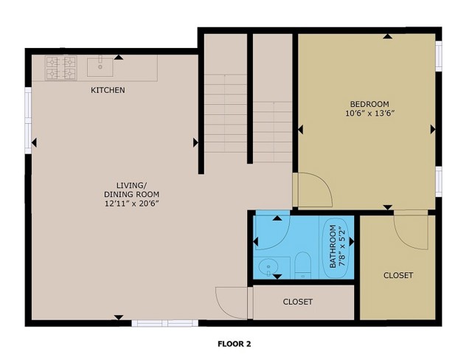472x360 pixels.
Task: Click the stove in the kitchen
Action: (61, 68)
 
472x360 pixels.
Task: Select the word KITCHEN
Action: (108, 90)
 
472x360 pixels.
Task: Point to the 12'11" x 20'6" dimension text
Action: (131, 203)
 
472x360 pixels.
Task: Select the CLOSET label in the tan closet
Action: (398, 275)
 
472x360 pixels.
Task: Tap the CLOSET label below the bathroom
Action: (298, 302)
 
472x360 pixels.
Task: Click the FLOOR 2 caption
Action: (235, 343)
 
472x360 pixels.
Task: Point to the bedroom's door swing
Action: (313, 190)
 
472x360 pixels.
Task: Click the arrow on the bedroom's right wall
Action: (432, 129)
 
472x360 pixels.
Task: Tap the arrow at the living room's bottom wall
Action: (119, 317)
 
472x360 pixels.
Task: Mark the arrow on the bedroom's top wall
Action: (388, 36)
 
